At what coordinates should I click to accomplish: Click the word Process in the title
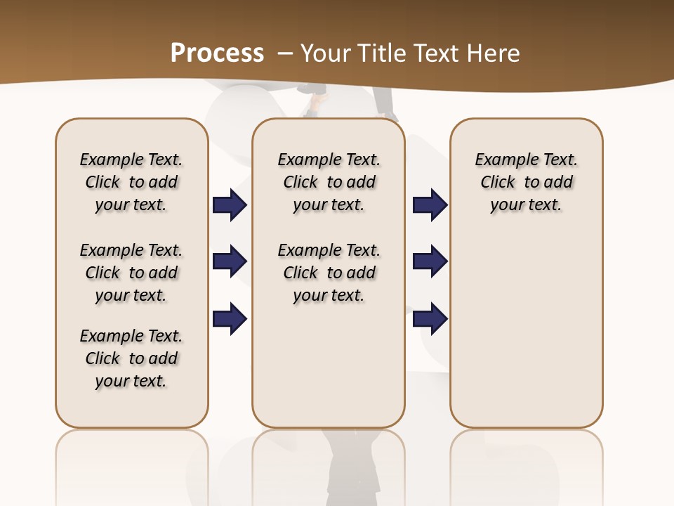click(x=217, y=53)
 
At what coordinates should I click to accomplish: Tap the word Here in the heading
click(x=494, y=53)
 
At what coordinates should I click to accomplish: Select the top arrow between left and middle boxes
click(x=230, y=205)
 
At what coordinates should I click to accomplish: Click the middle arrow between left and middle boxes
click(x=230, y=261)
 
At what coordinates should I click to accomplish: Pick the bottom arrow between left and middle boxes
click(x=230, y=318)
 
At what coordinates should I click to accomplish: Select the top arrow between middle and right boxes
click(x=430, y=205)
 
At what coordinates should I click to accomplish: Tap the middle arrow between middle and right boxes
click(x=430, y=261)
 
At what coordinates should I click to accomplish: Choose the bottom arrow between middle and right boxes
click(x=430, y=318)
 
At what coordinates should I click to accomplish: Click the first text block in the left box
click(x=131, y=182)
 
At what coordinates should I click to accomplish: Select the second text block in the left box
click(x=131, y=273)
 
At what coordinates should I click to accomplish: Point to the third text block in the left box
click(x=131, y=358)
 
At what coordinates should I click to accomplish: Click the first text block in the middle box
click(x=329, y=182)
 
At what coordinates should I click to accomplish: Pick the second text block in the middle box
click(x=329, y=273)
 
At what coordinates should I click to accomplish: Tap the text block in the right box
click(x=526, y=182)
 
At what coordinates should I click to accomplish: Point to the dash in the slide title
click(x=285, y=53)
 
